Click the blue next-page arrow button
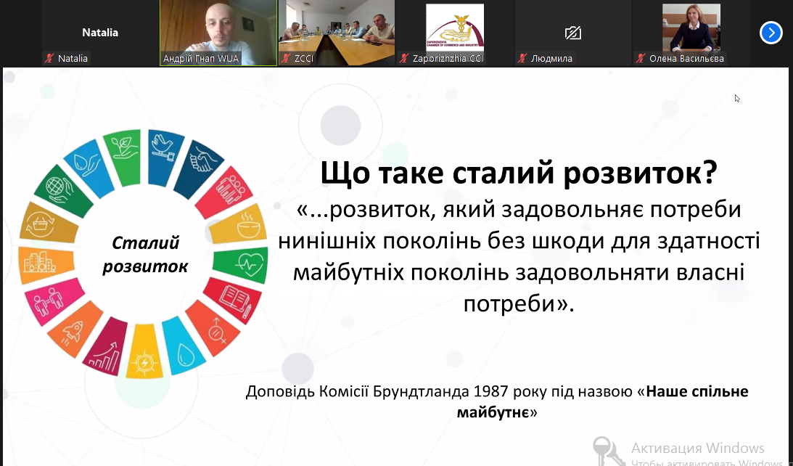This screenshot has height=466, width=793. click(771, 33)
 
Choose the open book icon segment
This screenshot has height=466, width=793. click(233, 301)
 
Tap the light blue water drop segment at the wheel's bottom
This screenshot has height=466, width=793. click(183, 346)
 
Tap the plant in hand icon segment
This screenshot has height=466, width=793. click(123, 158)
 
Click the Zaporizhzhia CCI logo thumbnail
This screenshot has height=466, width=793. click(455, 28)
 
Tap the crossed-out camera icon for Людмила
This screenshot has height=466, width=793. click(573, 33)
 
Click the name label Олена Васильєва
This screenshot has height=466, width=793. click(686, 59)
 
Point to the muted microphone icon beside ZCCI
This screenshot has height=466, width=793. click(287, 59)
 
